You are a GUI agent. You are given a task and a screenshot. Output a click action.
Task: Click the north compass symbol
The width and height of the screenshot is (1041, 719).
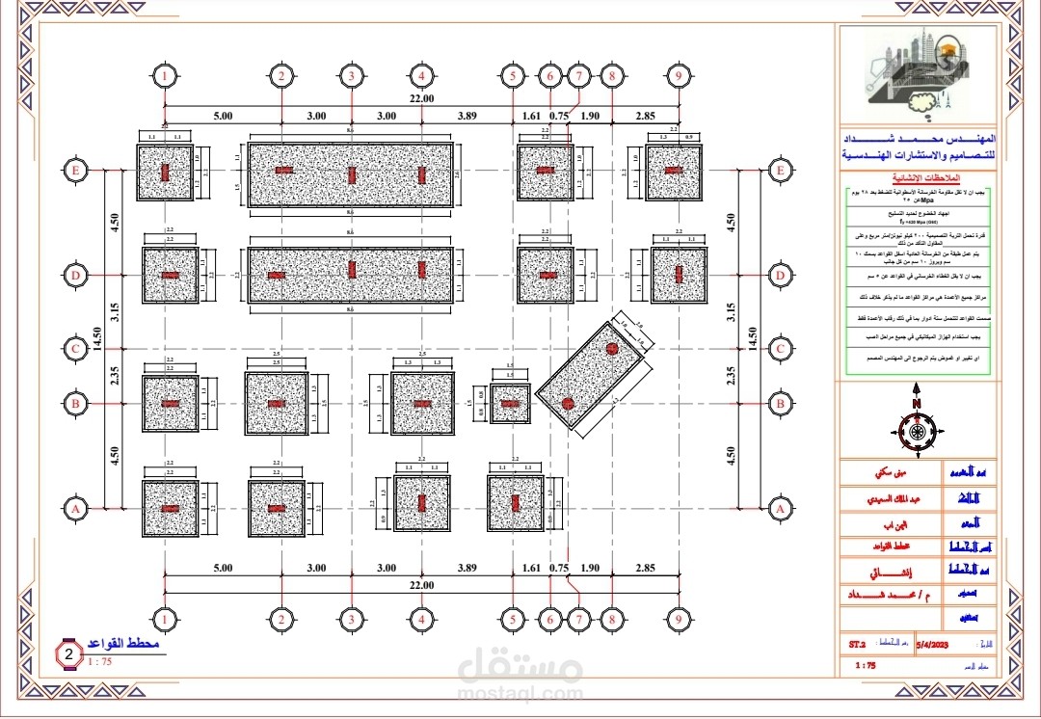point(917,432)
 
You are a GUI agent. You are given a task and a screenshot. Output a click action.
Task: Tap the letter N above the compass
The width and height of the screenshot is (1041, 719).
point(918,404)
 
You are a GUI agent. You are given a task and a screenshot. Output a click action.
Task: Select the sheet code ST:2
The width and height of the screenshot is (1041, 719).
point(858,642)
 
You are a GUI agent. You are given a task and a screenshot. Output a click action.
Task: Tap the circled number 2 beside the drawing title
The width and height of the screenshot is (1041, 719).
point(69,654)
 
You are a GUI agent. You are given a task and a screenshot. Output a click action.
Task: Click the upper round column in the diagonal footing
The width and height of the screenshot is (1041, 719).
point(611,348)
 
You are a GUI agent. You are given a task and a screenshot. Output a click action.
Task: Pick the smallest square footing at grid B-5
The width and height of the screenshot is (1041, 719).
point(509,403)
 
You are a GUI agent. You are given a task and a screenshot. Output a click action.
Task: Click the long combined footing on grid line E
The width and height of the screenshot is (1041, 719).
point(352,172)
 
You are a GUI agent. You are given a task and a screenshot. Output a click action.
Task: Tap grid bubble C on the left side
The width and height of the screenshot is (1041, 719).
point(75,348)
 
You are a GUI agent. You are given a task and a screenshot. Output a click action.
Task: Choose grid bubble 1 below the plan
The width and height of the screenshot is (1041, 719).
point(167,618)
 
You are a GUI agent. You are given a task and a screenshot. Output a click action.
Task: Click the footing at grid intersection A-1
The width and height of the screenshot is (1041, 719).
point(170,508)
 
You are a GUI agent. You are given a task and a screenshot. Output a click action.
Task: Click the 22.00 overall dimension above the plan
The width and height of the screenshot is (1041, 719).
point(422,98)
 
